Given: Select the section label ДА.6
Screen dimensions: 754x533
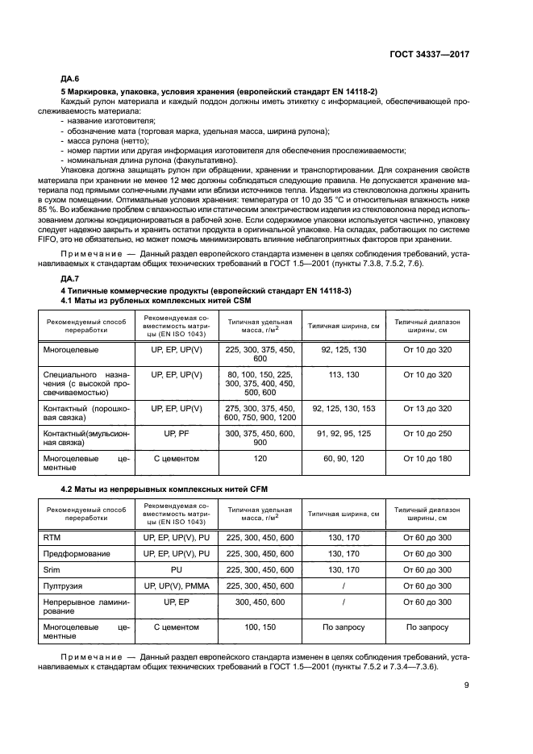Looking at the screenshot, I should click(x=70, y=80).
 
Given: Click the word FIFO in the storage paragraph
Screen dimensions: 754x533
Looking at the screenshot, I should click(x=71, y=239).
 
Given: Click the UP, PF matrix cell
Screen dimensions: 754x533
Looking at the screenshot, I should click(x=176, y=433).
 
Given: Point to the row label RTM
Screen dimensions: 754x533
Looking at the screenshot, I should click(x=52, y=536).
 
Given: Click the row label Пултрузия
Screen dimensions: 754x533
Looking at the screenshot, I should click(x=63, y=585).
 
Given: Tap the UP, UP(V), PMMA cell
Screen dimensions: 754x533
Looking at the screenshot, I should click(x=176, y=585).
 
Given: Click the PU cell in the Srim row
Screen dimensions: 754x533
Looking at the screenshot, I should click(x=176, y=569).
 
